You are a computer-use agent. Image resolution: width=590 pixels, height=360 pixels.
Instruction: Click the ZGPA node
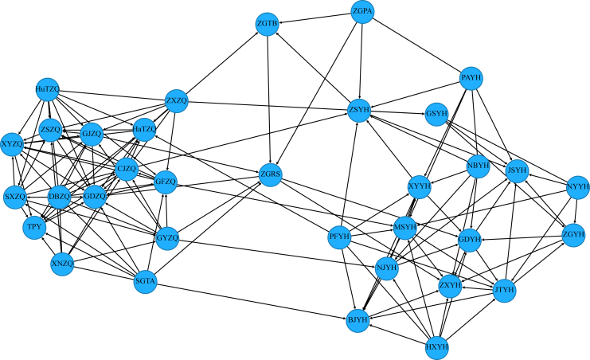362,12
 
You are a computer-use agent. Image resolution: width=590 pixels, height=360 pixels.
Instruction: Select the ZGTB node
268,25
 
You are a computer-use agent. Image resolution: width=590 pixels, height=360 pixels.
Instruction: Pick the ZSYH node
360,110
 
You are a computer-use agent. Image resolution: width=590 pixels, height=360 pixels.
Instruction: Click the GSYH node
437,114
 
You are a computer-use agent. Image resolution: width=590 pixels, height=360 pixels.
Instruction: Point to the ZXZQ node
176,101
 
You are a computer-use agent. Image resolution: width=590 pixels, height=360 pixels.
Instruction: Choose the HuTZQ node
47,90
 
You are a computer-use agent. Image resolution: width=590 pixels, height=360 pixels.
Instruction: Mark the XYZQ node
12,144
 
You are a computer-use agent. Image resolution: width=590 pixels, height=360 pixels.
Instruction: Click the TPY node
34,227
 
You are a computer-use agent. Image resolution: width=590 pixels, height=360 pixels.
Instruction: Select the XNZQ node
62,263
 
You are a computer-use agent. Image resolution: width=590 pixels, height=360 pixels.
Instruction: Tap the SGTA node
145,281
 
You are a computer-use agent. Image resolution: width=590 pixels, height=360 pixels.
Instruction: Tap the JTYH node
504,291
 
